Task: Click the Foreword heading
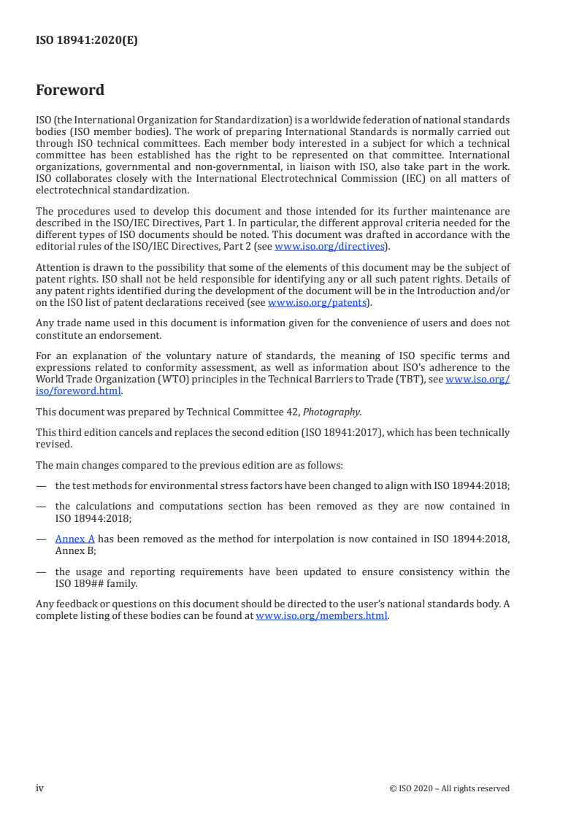click(70, 91)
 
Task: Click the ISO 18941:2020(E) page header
click(87, 41)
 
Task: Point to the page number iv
click(40, 788)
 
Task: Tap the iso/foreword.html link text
click(79, 390)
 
